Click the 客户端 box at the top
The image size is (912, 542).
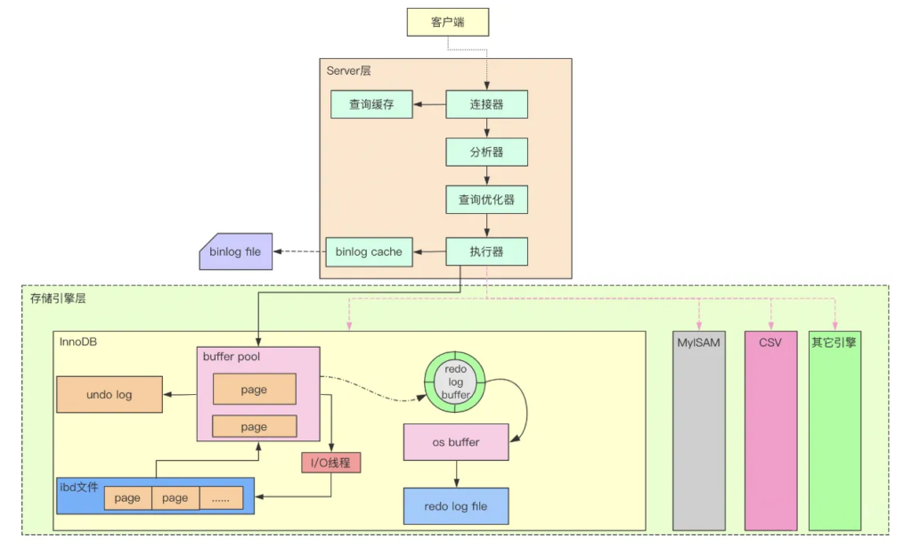[448, 22]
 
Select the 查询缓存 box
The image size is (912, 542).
[373, 104]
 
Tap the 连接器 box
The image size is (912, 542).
[486, 104]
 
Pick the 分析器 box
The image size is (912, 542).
[486, 152]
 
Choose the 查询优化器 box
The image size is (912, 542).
[486, 200]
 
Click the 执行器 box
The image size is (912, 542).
[486, 251]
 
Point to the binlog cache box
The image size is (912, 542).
[369, 252]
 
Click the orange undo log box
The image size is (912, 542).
[110, 394]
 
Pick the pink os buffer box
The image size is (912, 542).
[456, 442]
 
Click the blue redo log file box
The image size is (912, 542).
[455, 506]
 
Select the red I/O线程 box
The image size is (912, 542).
[331, 463]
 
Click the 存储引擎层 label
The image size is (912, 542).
[58, 299]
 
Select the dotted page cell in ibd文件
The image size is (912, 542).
[221, 498]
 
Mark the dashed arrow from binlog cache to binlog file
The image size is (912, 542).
[298, 252]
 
